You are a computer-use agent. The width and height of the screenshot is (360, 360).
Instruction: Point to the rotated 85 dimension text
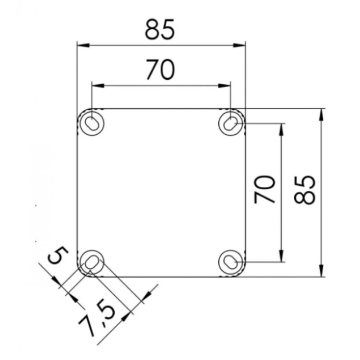302,189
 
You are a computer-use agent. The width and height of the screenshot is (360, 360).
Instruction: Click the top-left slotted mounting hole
92,122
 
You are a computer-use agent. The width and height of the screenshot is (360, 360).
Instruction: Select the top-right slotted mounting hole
231,122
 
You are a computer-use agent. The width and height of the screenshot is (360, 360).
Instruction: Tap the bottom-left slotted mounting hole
92,262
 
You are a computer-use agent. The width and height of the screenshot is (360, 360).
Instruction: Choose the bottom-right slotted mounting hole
231,262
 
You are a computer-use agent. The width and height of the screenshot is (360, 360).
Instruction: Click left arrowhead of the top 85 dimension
81,45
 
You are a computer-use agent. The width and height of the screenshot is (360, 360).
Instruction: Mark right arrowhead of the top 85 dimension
242,45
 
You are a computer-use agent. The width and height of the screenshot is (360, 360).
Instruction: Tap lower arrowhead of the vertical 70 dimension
282,258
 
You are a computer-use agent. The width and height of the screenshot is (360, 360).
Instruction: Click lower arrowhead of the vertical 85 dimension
321,273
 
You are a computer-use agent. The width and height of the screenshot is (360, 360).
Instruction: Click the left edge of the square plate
77,193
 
